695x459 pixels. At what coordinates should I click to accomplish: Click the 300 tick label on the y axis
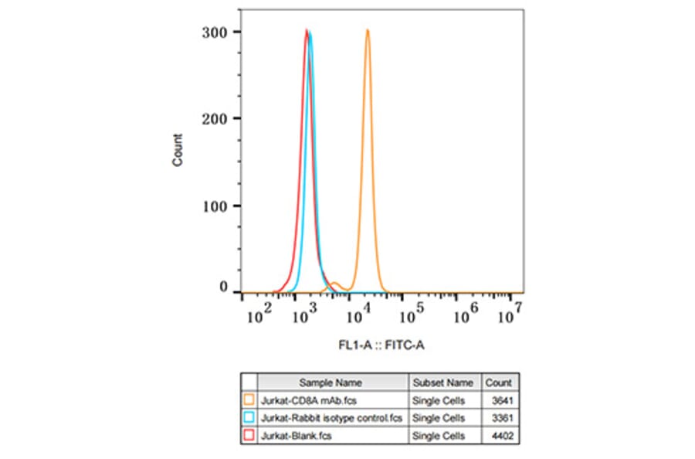(215, 32)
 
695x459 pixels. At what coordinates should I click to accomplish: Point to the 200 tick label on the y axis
(215, 118)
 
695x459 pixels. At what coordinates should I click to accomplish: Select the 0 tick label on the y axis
(224, 287)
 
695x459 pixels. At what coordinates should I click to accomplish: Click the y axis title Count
(178, 151)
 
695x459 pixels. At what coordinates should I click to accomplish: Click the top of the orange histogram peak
(368, 31)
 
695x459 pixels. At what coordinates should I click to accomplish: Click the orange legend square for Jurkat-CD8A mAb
(249, 400)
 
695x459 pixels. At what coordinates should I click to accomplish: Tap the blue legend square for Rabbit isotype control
(249, 418)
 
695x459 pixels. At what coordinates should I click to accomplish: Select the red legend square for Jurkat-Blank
(249, 436)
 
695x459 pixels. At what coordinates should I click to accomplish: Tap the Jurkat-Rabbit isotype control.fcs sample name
(332, 418)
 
